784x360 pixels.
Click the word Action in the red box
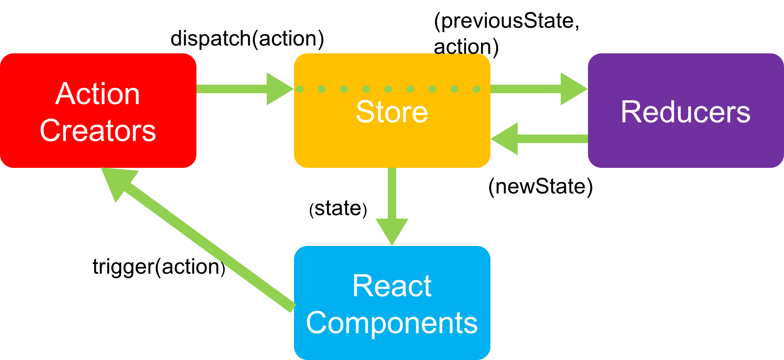click(x=98, y=94)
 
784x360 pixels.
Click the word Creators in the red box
click(x=98, y=131)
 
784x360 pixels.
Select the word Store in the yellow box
click(x=392, y=112)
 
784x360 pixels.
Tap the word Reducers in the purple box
click(x=685, y=112)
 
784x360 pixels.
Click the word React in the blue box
click(x=392, y=286)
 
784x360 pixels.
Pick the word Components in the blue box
click(x=392, y=323)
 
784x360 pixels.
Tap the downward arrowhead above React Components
click(x=392, y=230)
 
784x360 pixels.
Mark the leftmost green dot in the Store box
click(x=300, y=89)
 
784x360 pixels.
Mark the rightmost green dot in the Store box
click(x=477, y=89)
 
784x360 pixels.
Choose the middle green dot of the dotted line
click(x=388, y=89)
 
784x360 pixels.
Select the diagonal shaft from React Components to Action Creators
click(x=208, y=245)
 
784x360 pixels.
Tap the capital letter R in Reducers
click(x=629, y=112)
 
